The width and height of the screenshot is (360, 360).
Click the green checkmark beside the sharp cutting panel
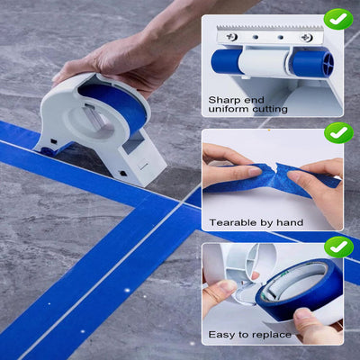click(337, 19)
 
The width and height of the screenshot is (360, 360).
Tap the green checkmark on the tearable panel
click(337, 133)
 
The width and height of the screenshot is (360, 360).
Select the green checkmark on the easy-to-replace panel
click(337, 246)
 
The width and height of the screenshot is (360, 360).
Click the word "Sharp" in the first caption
click(224, 99)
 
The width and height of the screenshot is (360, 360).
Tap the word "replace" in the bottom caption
click(274, 335)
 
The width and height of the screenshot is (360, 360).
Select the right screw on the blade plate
click(307, 38)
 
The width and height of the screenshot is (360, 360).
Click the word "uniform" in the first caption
click(224, 110)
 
